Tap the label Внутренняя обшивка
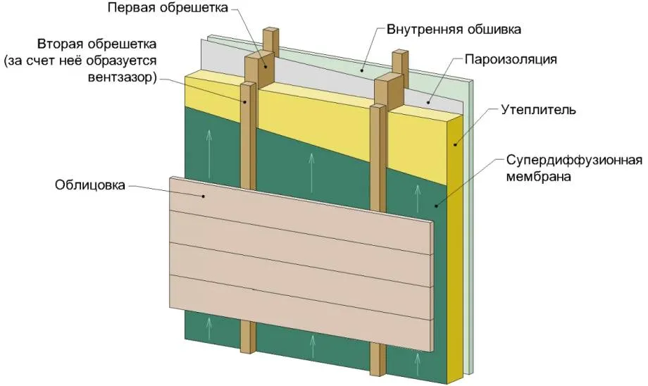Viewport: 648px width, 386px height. (x=454, y=30)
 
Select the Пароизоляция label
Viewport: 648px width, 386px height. (x=511, y=59)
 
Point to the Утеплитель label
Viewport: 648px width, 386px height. (x=538, y=110)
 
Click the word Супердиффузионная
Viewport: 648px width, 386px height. (x=575, y=160)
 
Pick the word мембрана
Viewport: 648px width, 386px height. (x=539, y=177)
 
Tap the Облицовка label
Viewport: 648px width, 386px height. (x=89, y=185)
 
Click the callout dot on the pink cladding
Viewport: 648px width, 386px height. (x=204, y=197)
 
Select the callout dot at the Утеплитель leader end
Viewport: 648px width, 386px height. (x=455, y=144)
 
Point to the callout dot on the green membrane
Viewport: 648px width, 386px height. (x=435, y=206)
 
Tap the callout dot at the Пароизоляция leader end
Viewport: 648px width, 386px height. (x=428, y=102)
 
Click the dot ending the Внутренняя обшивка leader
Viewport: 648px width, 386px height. (x=362, y=70)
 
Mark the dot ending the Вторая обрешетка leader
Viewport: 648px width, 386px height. (x=245, y=101)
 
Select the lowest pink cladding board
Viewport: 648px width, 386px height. (x=301, y=313)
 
